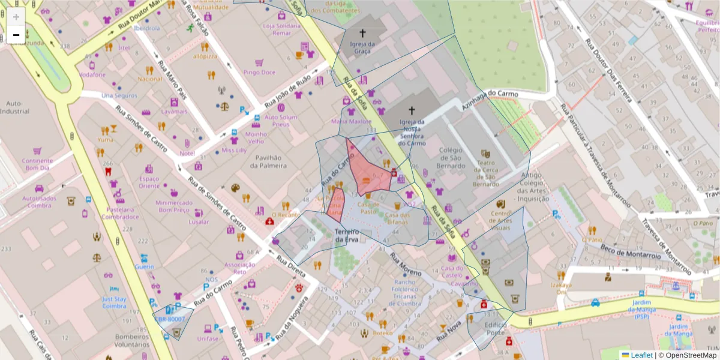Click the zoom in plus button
pos(16,17)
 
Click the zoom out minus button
pos(16,35)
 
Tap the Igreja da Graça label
pos(362,47)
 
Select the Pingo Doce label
pos(259,72)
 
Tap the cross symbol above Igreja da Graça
pos(362,33)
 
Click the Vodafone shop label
pos(92,75)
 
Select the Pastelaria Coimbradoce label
pos(120,213)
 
